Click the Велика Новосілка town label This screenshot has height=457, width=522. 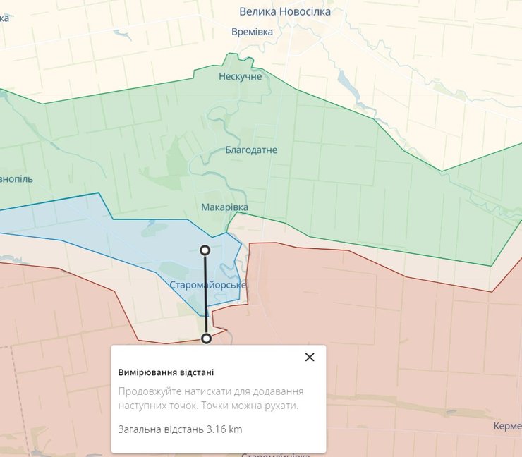(x=284, y=11)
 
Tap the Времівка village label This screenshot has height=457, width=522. (x=252, y=32)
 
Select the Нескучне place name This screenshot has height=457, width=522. (x=240, y=76)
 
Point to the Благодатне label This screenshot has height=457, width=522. (x=251, y=150)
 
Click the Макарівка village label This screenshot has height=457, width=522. (x=224, y=207)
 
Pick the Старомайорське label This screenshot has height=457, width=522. (x=208, y=285)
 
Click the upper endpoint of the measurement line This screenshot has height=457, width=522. (x=205, y=250)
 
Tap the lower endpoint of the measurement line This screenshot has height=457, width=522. (x=206, y=339)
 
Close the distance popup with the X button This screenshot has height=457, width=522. (x=309, y=357)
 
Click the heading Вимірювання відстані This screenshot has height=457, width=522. (x=166, y=372)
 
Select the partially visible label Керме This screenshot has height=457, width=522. (x=507, y=427)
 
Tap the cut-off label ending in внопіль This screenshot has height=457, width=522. (x=16, y=179)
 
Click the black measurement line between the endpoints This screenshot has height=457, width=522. (x=206, y=296)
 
